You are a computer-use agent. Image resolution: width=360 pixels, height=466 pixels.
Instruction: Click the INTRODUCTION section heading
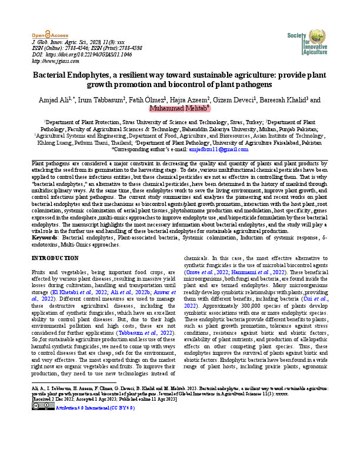coord(54,258)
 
